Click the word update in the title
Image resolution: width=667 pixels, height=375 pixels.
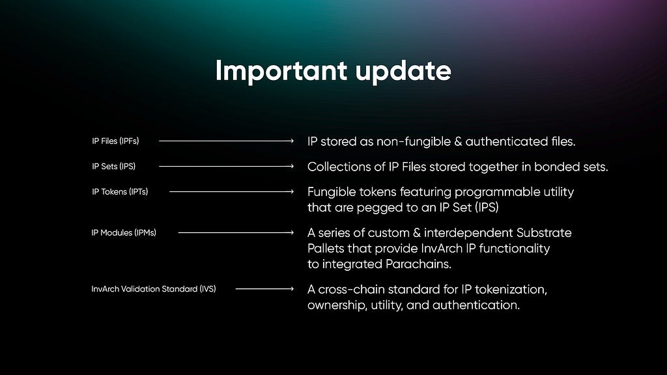[403, 72]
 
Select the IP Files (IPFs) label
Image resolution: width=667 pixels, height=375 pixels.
[115, 141]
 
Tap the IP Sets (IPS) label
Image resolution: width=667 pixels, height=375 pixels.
[113, 167]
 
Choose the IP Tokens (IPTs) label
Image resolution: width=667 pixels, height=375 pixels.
[120, 192]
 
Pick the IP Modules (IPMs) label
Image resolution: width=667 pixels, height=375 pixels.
[124, 232]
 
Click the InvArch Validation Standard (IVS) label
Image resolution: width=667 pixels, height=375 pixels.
[154, 289]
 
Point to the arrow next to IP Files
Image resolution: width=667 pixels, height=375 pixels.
[226, 141]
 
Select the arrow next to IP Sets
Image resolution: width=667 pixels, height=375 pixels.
[226, 166]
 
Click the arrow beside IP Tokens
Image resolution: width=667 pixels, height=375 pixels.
[231, 192]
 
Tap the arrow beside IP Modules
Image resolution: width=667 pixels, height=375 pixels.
[236, 232]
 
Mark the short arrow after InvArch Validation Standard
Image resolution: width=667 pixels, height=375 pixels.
[264, 288]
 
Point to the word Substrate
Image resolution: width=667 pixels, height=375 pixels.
[544, 233]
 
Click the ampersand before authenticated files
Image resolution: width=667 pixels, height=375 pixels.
[458, 142]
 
